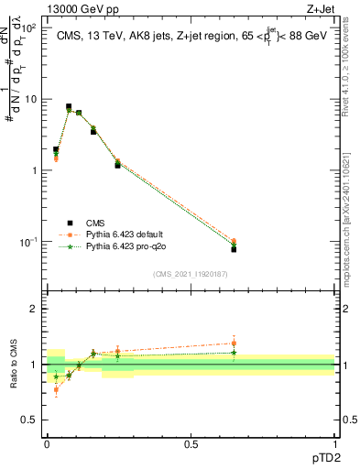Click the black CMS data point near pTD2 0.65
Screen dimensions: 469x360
234,249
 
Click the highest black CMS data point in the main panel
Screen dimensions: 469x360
69,107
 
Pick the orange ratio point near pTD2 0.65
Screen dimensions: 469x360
234,344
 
